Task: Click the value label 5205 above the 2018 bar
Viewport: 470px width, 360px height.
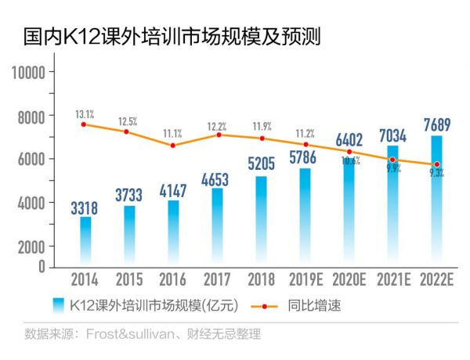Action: (x=261, y=164)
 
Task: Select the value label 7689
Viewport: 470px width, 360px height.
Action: (x=436, y=123)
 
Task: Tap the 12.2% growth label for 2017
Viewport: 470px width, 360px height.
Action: (x=217, y=127)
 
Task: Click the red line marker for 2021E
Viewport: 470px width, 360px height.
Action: (x=392, y=160)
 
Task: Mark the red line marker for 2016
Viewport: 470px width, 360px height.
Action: (x=173, y=145)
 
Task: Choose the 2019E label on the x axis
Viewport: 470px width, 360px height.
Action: (x=305, y=280)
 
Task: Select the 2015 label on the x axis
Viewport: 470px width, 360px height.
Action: (x=129, y=280)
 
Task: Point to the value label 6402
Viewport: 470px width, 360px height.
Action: (x=349, y=141)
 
